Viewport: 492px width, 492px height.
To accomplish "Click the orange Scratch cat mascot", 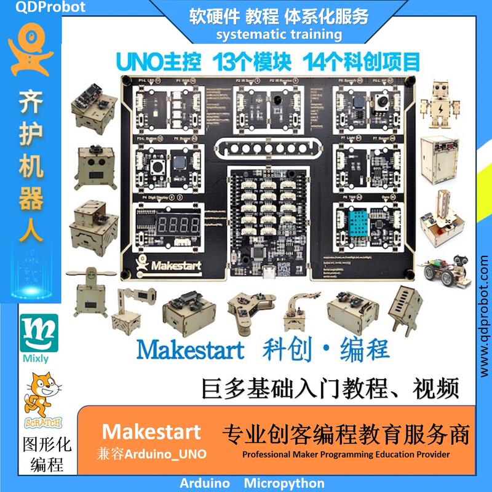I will (x=39, y=398).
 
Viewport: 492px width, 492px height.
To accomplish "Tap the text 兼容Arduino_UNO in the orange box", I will (x=151, y=454).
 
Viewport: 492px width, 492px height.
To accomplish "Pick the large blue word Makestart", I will (x=190, y=349).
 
